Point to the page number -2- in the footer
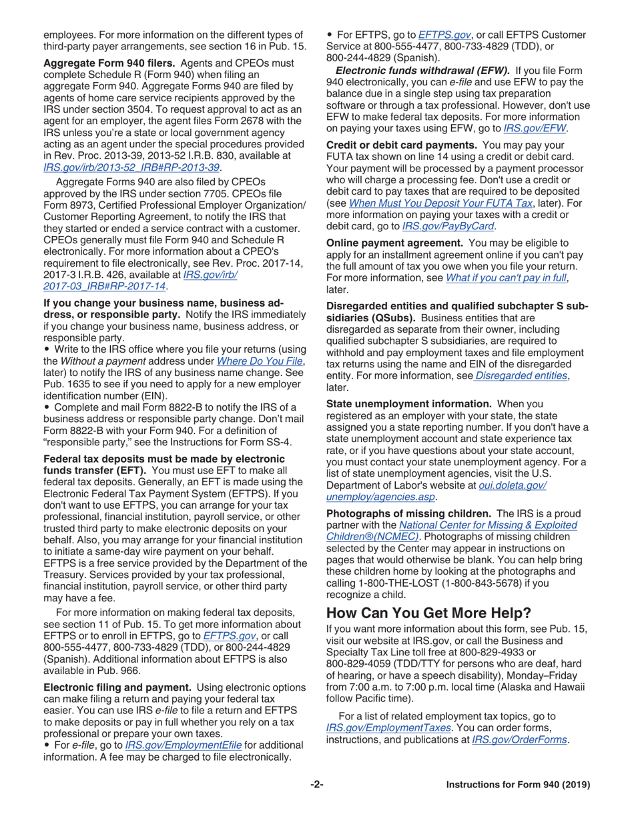coord(317,785)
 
